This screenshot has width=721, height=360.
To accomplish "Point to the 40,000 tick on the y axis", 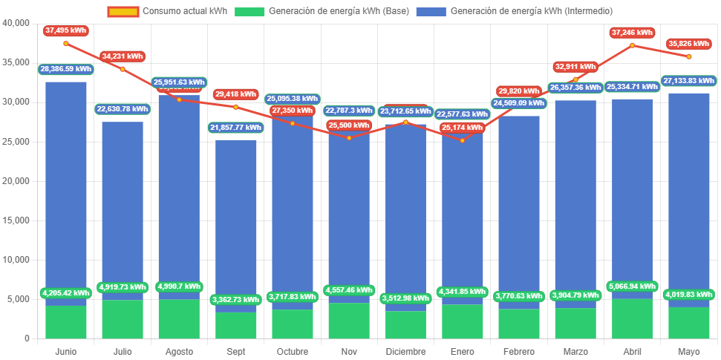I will point(15,22).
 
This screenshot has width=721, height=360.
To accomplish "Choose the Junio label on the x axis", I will point(65,350).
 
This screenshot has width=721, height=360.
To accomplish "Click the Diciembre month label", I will point(405,350).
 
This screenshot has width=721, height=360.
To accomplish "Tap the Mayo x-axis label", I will point(688,350).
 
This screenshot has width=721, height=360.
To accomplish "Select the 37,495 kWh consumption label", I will point(65,30).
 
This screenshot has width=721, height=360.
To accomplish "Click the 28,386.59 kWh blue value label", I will point(65,69).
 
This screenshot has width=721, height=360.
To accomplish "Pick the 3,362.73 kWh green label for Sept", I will point(235,300).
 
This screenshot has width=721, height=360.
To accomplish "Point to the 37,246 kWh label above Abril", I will point(632,33).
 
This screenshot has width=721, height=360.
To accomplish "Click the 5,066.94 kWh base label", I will point(632,286).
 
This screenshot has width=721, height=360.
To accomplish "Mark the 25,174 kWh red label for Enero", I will point(462,128).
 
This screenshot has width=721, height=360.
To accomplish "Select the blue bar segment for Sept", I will point(235,223).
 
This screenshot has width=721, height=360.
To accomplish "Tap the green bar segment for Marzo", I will point(575,323).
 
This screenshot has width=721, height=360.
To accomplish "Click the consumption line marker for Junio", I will point(65,44).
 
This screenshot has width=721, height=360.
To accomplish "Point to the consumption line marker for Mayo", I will point(688,56).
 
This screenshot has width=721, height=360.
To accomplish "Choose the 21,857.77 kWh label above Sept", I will point(235,128).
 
